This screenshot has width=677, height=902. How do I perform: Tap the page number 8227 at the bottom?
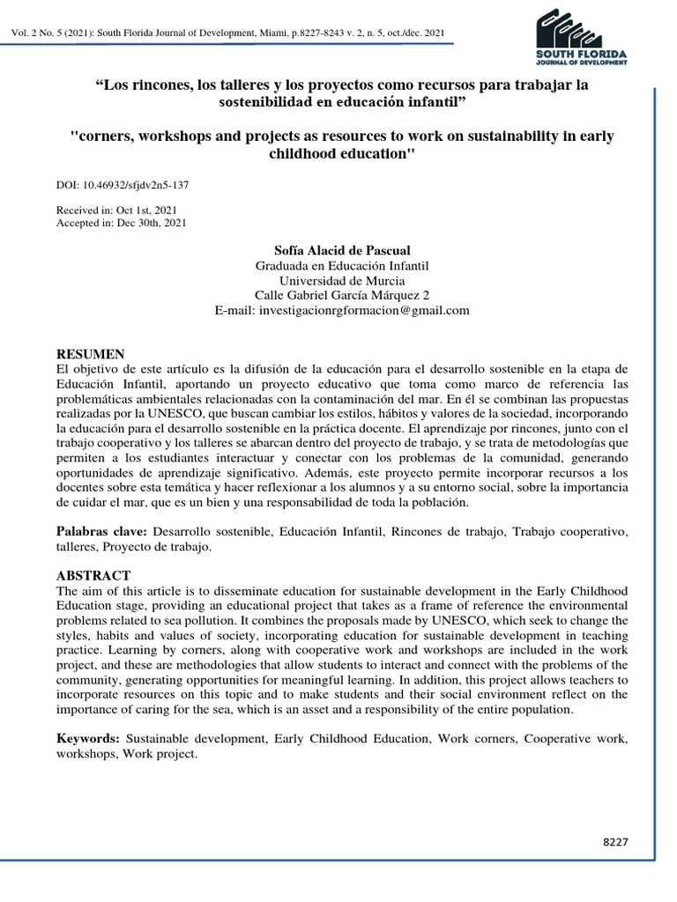tap(614, 842)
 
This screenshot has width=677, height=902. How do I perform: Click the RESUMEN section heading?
tap(91, 353)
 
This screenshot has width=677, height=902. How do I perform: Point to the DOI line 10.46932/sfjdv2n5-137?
tap(123, 186)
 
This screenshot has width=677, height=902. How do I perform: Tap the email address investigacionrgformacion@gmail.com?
tap(342, 310)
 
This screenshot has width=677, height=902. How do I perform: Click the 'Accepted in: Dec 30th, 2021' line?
tap(121, 223)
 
